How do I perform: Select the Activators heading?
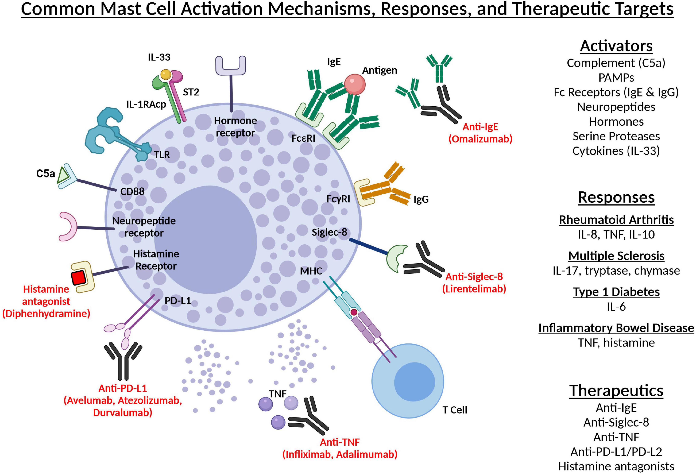click(616, 46)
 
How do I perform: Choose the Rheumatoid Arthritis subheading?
click(616, 220)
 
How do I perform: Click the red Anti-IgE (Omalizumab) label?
click(480, 133)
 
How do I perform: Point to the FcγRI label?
click(338, 199)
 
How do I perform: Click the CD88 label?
click(132, 191)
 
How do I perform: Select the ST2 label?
click(191, 92)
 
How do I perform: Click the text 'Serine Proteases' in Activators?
click(616, 136)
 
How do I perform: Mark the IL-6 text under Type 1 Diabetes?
click(616, 307)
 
